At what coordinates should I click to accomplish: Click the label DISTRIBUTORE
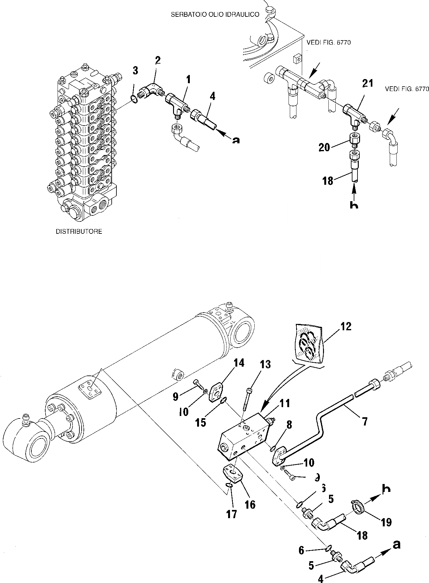click(x=79, y=232)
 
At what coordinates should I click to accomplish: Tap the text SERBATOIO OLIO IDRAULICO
click(x=215, y=15)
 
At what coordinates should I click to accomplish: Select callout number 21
click(x=368, y=84)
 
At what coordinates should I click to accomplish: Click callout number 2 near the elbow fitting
click(x=158, y=60)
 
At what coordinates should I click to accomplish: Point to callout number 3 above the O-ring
click(x=135, y=71)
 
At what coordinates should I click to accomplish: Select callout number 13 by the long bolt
click(x=265, y=365)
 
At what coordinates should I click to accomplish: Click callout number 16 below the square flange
click(x=250, y=504)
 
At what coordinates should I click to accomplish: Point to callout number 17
click(x=231, y=514)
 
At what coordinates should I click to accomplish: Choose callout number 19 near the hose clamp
click(x=386, y=522)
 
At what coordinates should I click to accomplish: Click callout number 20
click(x=324, y=147)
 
